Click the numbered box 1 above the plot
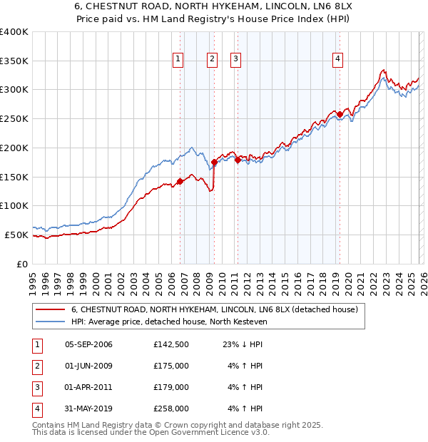click(x=178, y=59)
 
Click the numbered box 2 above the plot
click(x=213, y=59)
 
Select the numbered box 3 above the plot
click(x=235, y=59)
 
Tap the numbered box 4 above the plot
click(x=337, y=59)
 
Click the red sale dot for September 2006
click(x=180, y=181)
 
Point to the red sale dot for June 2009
click(x=215, y=163)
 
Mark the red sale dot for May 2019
click(x=340, y=114)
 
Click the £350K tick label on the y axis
click(x=14, y=61)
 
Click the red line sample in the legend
click(x=51, y=309)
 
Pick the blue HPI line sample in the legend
click(x=51, y=322)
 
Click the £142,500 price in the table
click(x=170, y=344)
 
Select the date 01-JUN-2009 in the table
click(x=88, y=366)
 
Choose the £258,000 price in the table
click(x=170, y=408)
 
